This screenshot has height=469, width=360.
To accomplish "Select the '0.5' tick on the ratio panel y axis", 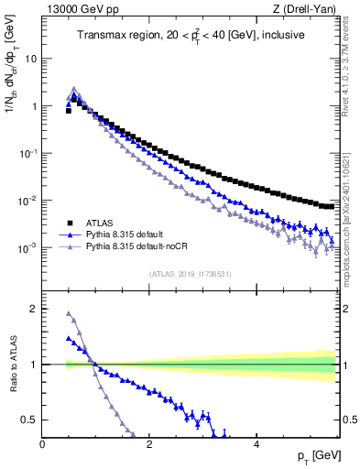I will [x=29, y=420].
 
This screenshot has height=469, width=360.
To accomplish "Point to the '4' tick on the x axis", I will [x=256, y=446].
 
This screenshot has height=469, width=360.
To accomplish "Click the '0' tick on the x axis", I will [x=43, y=446].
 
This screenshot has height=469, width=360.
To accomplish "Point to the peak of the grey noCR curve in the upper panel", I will [x=74, y=89].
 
